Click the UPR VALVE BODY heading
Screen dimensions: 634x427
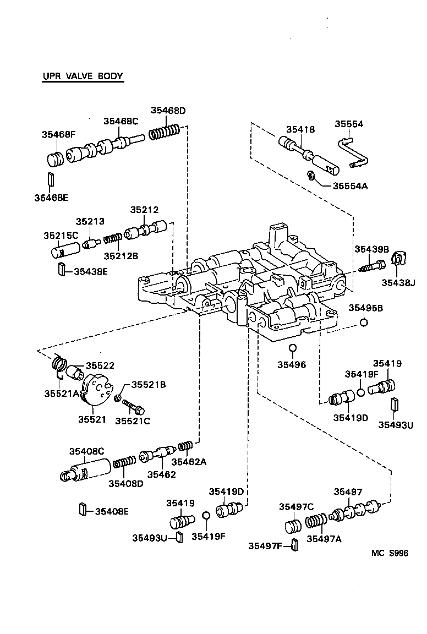pos(83,76)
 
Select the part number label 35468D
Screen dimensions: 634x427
pos(168,111)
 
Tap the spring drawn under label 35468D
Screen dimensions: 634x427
pos(165,132)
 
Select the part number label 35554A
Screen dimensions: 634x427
pos(350,185)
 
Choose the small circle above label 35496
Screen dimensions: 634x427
pos(293,348)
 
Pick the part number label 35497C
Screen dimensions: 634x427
pos(296,507)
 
